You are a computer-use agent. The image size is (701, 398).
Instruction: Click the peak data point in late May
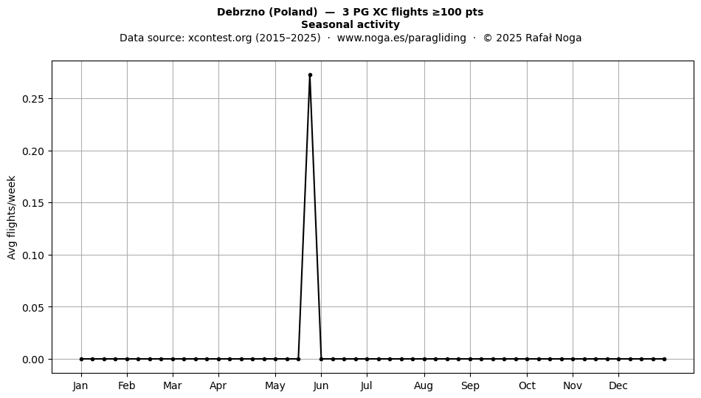tap(310, 75)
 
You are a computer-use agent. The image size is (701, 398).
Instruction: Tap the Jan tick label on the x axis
tap(80, 385)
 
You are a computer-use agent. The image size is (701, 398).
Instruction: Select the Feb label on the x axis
tap(126, 385)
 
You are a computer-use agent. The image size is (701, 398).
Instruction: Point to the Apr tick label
tap(218, 386)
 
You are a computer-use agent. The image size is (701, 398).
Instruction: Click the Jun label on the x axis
tap(321, 385)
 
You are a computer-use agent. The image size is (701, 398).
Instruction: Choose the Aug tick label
tap(424, 386)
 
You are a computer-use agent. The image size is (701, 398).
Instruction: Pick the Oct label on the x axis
tap(527, 385)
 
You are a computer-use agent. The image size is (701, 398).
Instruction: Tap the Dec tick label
tap(618, 385)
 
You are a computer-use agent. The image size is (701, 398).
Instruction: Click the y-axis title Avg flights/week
tap(12, 217)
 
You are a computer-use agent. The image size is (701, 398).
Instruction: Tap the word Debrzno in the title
tap(241, 12)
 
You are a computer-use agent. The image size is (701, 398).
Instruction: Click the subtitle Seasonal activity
tap(350, 24)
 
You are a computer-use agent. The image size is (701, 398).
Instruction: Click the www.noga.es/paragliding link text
tap(401, 38)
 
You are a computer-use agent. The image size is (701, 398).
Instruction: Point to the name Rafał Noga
tap(553, 38)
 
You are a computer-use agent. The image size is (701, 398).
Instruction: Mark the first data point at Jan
tap(81, 359)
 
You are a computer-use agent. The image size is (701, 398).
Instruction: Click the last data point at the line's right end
tap(664, 359)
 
